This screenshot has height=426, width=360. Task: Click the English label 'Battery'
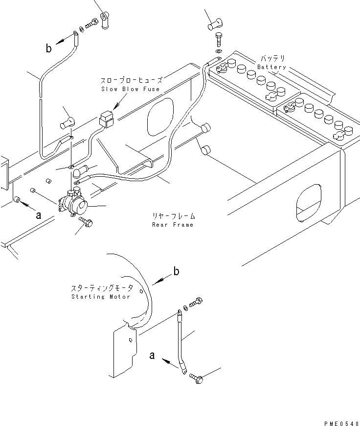point(271,67)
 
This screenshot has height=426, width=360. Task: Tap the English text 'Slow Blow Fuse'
point(130,89)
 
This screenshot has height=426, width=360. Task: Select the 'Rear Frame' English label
point(173,225)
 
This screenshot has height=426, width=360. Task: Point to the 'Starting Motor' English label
point(101,296)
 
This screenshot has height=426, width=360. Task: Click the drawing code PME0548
point(341,423)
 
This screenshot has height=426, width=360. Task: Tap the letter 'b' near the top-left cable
point(48,48)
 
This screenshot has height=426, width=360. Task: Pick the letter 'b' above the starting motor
point(176,271)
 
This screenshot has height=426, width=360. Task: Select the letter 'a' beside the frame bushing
point(39,215)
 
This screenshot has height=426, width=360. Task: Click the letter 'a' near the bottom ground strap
point(152,355)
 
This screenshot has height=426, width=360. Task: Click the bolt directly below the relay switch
point(86,222)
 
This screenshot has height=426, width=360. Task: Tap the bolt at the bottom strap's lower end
point(196,378)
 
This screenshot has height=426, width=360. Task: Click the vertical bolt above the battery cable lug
point(219,39)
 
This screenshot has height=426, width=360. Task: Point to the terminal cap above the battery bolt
point(215,24)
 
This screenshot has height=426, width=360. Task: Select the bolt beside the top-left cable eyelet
point(92,24)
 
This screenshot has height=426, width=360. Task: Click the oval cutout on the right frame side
point(309,202)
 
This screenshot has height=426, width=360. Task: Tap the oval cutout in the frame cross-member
point(160,117)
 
